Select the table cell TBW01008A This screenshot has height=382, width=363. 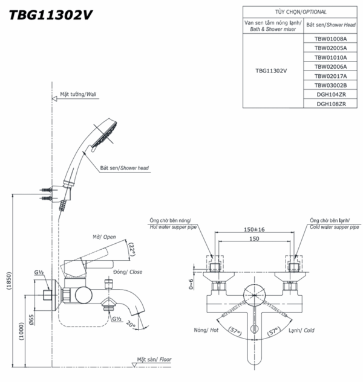click(x=330, y=38)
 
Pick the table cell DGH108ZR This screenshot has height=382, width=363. click(x=330, y=104)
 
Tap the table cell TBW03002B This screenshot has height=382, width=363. click(x=330, y=86)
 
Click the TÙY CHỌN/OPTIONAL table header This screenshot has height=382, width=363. click(x=301, y=11)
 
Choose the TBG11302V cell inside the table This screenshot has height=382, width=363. click(x=271, y=70)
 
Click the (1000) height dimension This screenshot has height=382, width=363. click(x=22, y=331)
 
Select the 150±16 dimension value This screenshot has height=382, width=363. click(x=253, y=229)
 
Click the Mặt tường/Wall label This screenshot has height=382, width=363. click(x=78, y=95)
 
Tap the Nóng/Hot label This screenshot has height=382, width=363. click(x=204, y=331)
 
